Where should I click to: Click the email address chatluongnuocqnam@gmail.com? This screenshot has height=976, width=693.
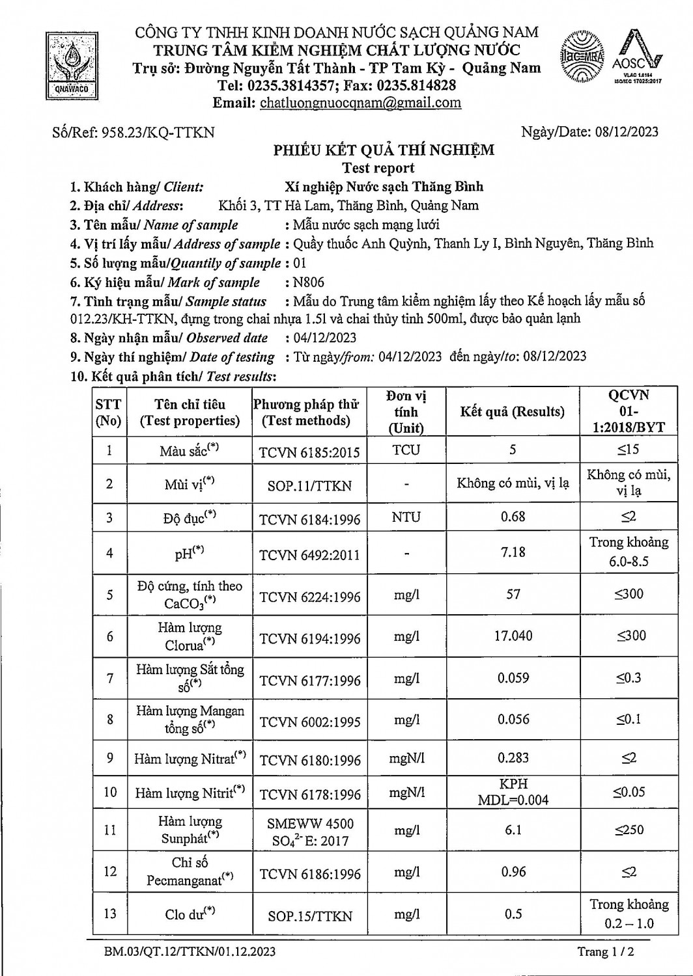click(x=360, y=103)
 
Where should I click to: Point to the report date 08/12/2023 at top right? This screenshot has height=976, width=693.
click(x=626, y=132)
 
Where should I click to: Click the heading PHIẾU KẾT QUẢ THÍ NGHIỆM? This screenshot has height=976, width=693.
click(x=384, y=150)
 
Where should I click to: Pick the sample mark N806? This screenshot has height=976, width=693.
click(x=309, y=282)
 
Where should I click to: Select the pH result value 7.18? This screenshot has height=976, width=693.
click(x=513, y=552)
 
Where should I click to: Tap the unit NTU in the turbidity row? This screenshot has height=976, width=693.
click(x=406, y=517)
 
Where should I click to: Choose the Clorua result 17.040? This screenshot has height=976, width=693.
click(x=513, y=636)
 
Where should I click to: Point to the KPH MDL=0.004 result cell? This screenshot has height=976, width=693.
click(x=513, y=792)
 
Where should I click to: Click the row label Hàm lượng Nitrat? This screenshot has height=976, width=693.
click(x=190, y=759)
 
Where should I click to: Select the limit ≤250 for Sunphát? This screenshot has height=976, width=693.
click(x=629, y=830)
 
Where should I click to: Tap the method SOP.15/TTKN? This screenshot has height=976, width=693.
click(x=309, y=915)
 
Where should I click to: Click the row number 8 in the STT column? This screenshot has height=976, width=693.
click(x=109, y=719)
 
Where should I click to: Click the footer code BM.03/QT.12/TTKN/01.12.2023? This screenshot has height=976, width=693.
click(x=190, y=952)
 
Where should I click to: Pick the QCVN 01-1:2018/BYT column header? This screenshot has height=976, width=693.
click(x=629, y=411)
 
